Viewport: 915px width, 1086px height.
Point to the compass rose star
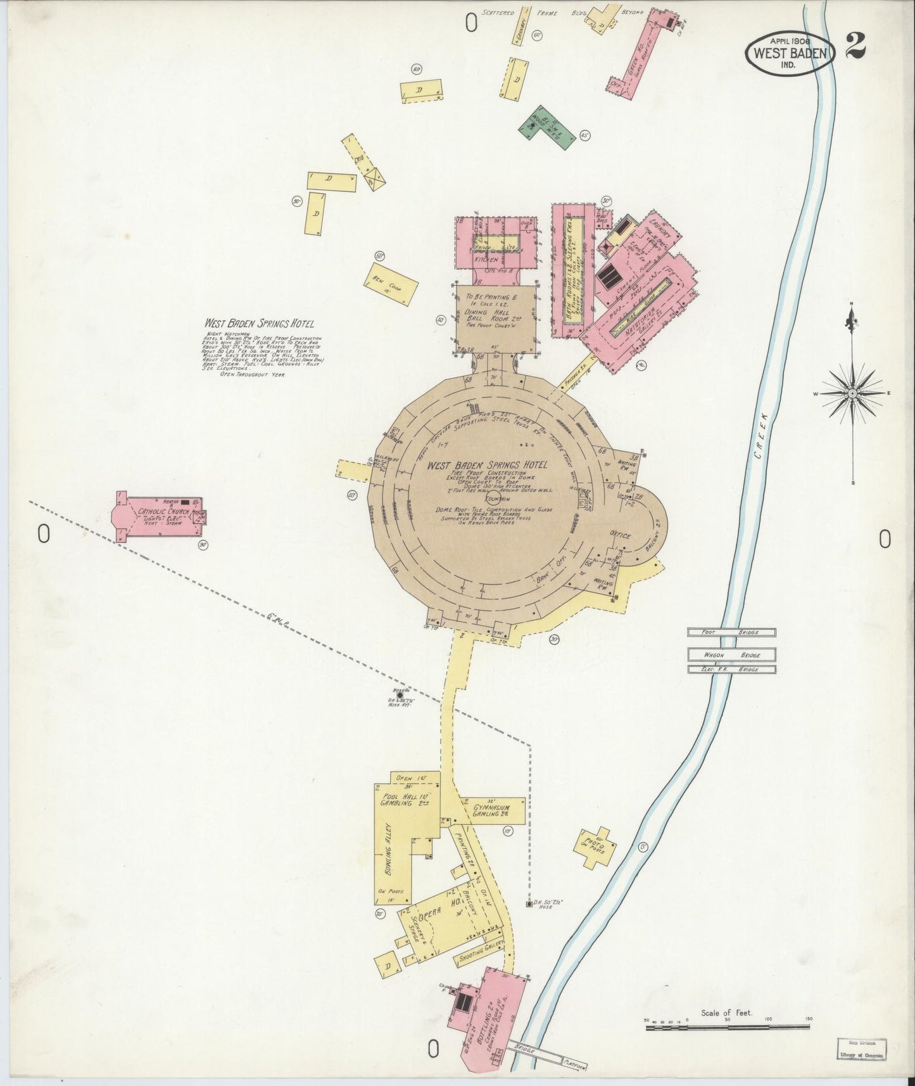(853, 393)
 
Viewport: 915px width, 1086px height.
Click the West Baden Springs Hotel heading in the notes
(259, 324)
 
